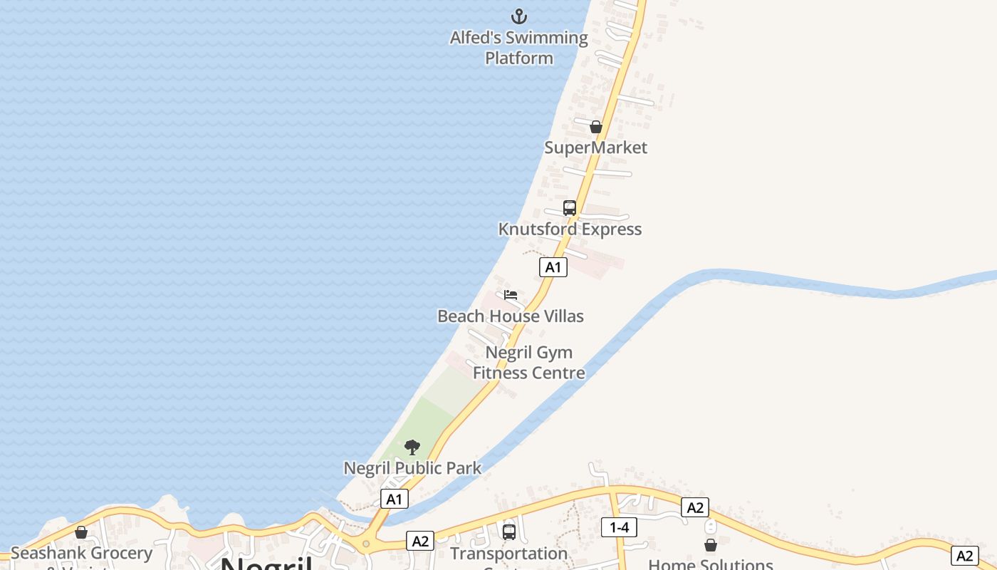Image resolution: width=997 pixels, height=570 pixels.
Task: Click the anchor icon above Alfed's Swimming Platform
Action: [x=519, y=16]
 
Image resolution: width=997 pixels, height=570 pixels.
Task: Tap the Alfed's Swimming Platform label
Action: [x=519, y=48]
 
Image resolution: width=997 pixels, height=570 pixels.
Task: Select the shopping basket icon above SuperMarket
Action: [x=596, y=127]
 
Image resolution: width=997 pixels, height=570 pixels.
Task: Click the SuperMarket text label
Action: [x=596, y=147]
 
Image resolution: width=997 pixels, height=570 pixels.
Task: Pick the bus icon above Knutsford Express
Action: [x=570, y=208]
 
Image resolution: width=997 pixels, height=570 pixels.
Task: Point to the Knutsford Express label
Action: [x=570, y=229]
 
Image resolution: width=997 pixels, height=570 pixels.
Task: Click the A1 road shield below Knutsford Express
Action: [x=553, y=268]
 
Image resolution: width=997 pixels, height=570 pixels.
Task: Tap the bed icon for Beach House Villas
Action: [x=511, y=295]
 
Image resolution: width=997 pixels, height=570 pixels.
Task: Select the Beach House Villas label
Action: [x=511, y=316]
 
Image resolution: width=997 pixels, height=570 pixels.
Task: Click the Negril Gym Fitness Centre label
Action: [x=529, y=363]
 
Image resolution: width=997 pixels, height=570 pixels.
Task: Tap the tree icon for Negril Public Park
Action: [x=412, y=447]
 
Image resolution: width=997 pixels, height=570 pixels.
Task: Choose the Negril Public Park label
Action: [x=412, y=468]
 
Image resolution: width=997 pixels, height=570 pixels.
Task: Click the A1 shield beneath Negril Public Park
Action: [x=395, y=499]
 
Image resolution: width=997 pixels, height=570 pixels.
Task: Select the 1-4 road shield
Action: [x=619, y=527]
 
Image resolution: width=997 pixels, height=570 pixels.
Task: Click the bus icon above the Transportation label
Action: [x=509, y=532]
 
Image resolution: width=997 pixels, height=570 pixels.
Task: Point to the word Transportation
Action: [x=508, y=554]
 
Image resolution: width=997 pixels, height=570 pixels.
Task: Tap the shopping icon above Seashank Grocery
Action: [x=81, y=532]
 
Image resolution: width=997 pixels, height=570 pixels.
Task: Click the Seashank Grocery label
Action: [x=81, y=553]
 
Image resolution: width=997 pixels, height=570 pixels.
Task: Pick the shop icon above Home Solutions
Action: [x=711, y=545]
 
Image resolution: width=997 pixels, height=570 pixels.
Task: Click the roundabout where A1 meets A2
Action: [x=366, y=544]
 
